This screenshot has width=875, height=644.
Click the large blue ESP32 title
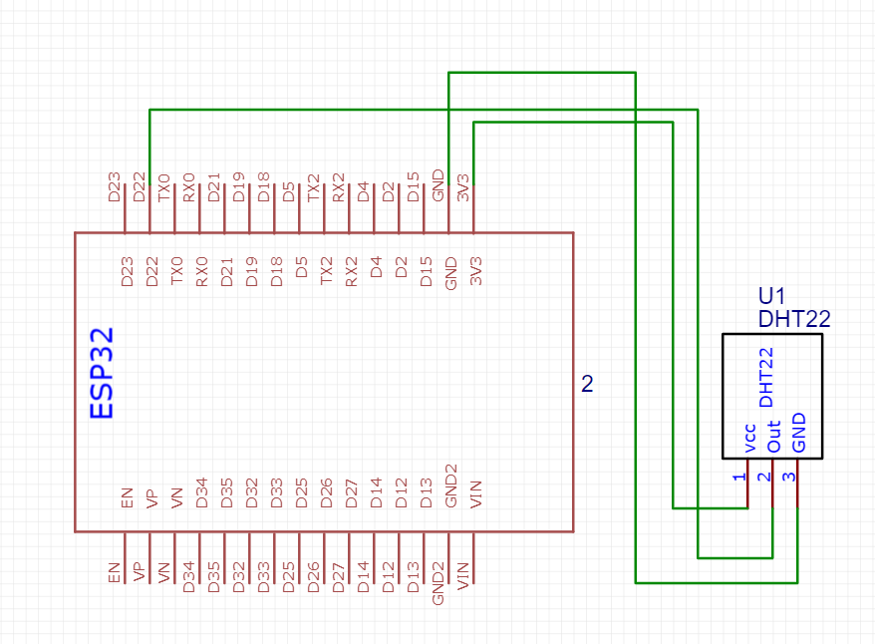click(102, 373)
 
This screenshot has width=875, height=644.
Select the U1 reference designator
click(771, 296)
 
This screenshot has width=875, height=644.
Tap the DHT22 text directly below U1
click(794, 319)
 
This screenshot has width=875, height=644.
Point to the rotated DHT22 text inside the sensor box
click(766, 377)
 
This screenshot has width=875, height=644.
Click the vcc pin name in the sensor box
click(749, 439)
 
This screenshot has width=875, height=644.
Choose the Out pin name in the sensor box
click(773, 437)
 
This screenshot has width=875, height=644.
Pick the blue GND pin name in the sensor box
click(798, 433)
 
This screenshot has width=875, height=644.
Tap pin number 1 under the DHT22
click(739, 478)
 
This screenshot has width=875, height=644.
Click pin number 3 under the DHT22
click(788, 478)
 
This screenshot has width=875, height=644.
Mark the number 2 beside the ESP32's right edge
click(587, 384)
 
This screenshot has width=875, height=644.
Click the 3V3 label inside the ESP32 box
click(475, 271)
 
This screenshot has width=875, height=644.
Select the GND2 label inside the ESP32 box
click(450, 485)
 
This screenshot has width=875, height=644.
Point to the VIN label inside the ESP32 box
click(475, 493)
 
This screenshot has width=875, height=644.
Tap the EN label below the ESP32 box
click(115, 573)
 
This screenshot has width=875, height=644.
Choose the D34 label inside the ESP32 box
click(201, 492)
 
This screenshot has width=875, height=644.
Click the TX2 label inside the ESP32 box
click(326, 270)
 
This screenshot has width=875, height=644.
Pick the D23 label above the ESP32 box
click(114, 187)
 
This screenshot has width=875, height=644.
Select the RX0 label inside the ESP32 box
click(201, 272)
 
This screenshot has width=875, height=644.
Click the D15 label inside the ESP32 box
click(426, 272)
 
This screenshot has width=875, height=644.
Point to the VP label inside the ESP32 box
click(151, 498)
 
